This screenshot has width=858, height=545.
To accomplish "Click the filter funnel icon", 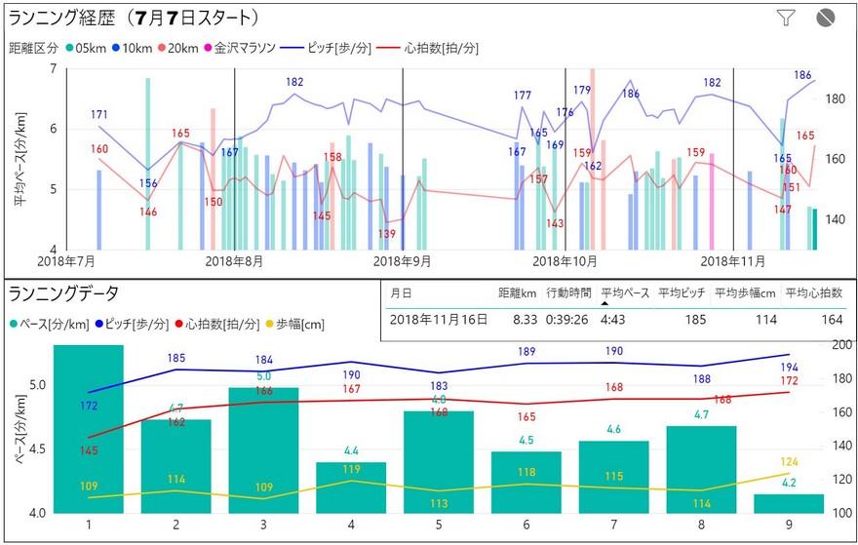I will pos(787,17).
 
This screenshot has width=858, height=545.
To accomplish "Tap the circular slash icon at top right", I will pos(827,17).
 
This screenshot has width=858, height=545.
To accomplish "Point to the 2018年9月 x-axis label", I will pos(403,261).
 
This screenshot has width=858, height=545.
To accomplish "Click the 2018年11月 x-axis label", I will pos(732,261).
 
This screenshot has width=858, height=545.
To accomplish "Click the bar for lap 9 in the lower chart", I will pos(789,503).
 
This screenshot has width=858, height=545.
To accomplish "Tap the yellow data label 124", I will pos(789,461).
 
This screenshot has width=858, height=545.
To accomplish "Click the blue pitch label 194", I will pos(789,366).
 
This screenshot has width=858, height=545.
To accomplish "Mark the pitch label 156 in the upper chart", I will pos(148,183).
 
